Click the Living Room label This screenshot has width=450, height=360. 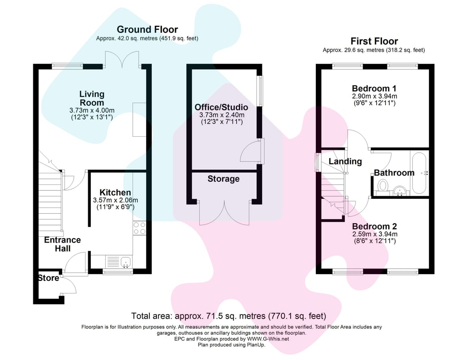pos(92,98)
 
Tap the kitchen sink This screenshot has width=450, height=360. pos(126,262)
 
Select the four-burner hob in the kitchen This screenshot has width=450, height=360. pos(139,228)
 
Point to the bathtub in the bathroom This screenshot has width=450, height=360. pos(419,173)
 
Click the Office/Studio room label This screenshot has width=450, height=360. pos(221,108)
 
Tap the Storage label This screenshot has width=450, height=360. pos(224,179)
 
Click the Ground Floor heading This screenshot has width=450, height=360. pos(147,29)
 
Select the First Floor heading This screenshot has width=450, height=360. pos(374,41)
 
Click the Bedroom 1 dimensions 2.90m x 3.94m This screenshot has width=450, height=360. pos(374,96)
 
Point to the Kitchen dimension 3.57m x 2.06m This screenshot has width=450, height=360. pos(115,200)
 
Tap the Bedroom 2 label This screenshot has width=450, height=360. pos(374,226)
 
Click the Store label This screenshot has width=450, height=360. pos(49,278)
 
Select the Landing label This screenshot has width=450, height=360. pos(345,162)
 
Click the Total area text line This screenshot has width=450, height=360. pos(229,316)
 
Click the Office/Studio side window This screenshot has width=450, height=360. pos(260,91)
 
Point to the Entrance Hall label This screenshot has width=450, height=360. pos(63,244)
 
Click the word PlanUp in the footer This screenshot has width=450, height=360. pos(256,345)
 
